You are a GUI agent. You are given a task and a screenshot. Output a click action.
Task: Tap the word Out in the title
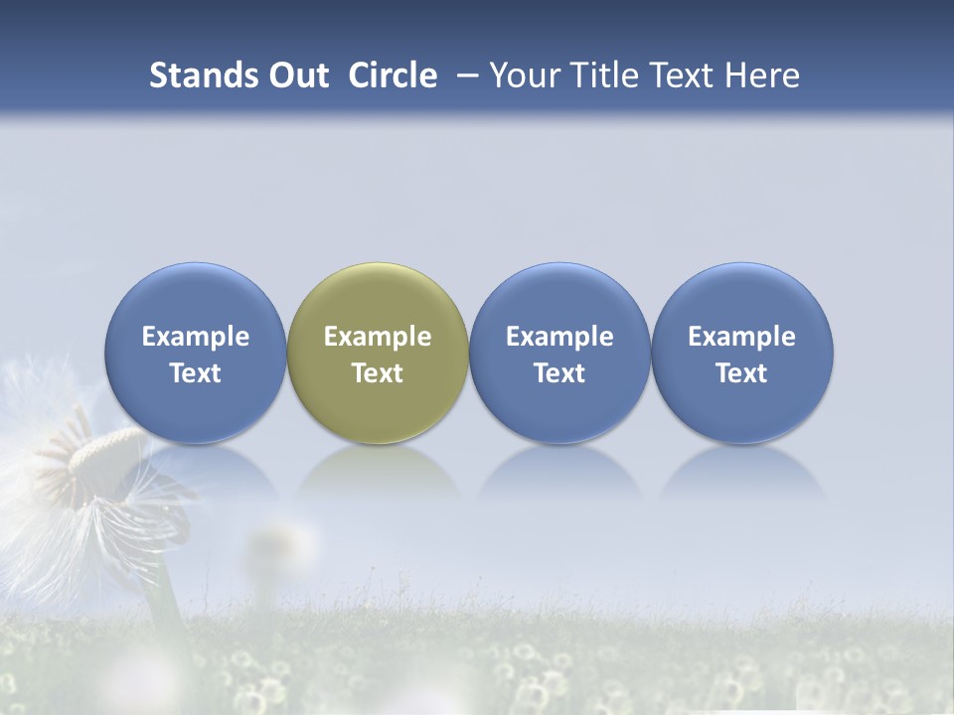coord(297,75)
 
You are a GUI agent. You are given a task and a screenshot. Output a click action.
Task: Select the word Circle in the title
coord(393,75)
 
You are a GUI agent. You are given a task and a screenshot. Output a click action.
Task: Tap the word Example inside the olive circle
coord(378,337)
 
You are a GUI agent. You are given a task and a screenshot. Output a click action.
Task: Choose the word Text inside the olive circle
coord(378,373)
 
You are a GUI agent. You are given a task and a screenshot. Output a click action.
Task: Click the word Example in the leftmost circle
coord(196,337)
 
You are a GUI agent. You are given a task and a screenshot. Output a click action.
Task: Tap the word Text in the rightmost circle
coord(741,373)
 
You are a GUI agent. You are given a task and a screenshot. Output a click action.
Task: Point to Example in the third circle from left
coord(559,337)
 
